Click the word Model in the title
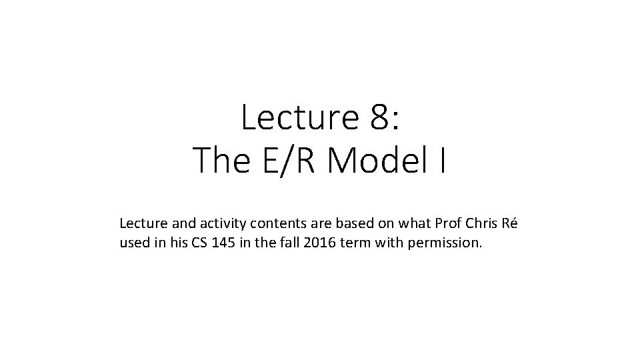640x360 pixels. point(381,161)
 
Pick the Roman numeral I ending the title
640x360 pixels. point(443,161)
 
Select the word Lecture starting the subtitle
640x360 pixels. point(141,223)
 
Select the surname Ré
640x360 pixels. point(510,223)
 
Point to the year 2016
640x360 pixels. point(319,243)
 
